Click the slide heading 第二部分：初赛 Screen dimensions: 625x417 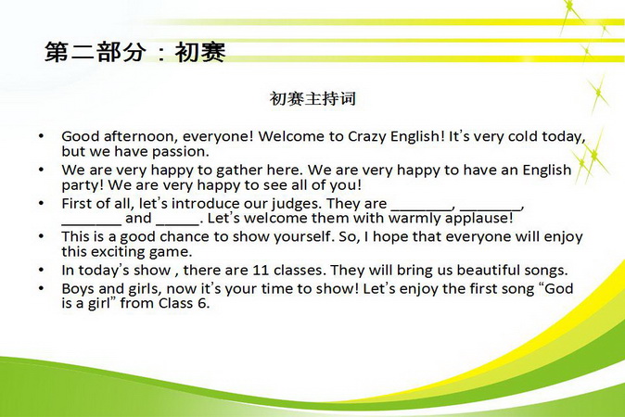135,52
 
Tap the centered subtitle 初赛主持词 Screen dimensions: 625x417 312,98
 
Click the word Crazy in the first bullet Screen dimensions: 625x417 366,137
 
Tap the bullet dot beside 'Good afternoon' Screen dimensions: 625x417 41,136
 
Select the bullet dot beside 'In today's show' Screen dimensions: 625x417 41,271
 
